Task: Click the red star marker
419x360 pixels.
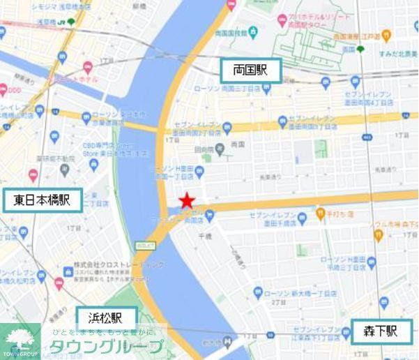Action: pyautogui.click(x=186, y=202)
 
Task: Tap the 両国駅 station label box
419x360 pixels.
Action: pyautogui.click(x=250, y=70)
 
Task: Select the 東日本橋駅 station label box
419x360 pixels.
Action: pyautogui.click(x=43, y=200)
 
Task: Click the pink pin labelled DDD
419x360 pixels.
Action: pyautogui.click(x=4, y=89)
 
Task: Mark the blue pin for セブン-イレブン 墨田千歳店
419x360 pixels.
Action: pyautogui.click(x=303, y=219)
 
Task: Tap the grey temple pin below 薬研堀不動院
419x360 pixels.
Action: pyautogui.click(x=65, y=169)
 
